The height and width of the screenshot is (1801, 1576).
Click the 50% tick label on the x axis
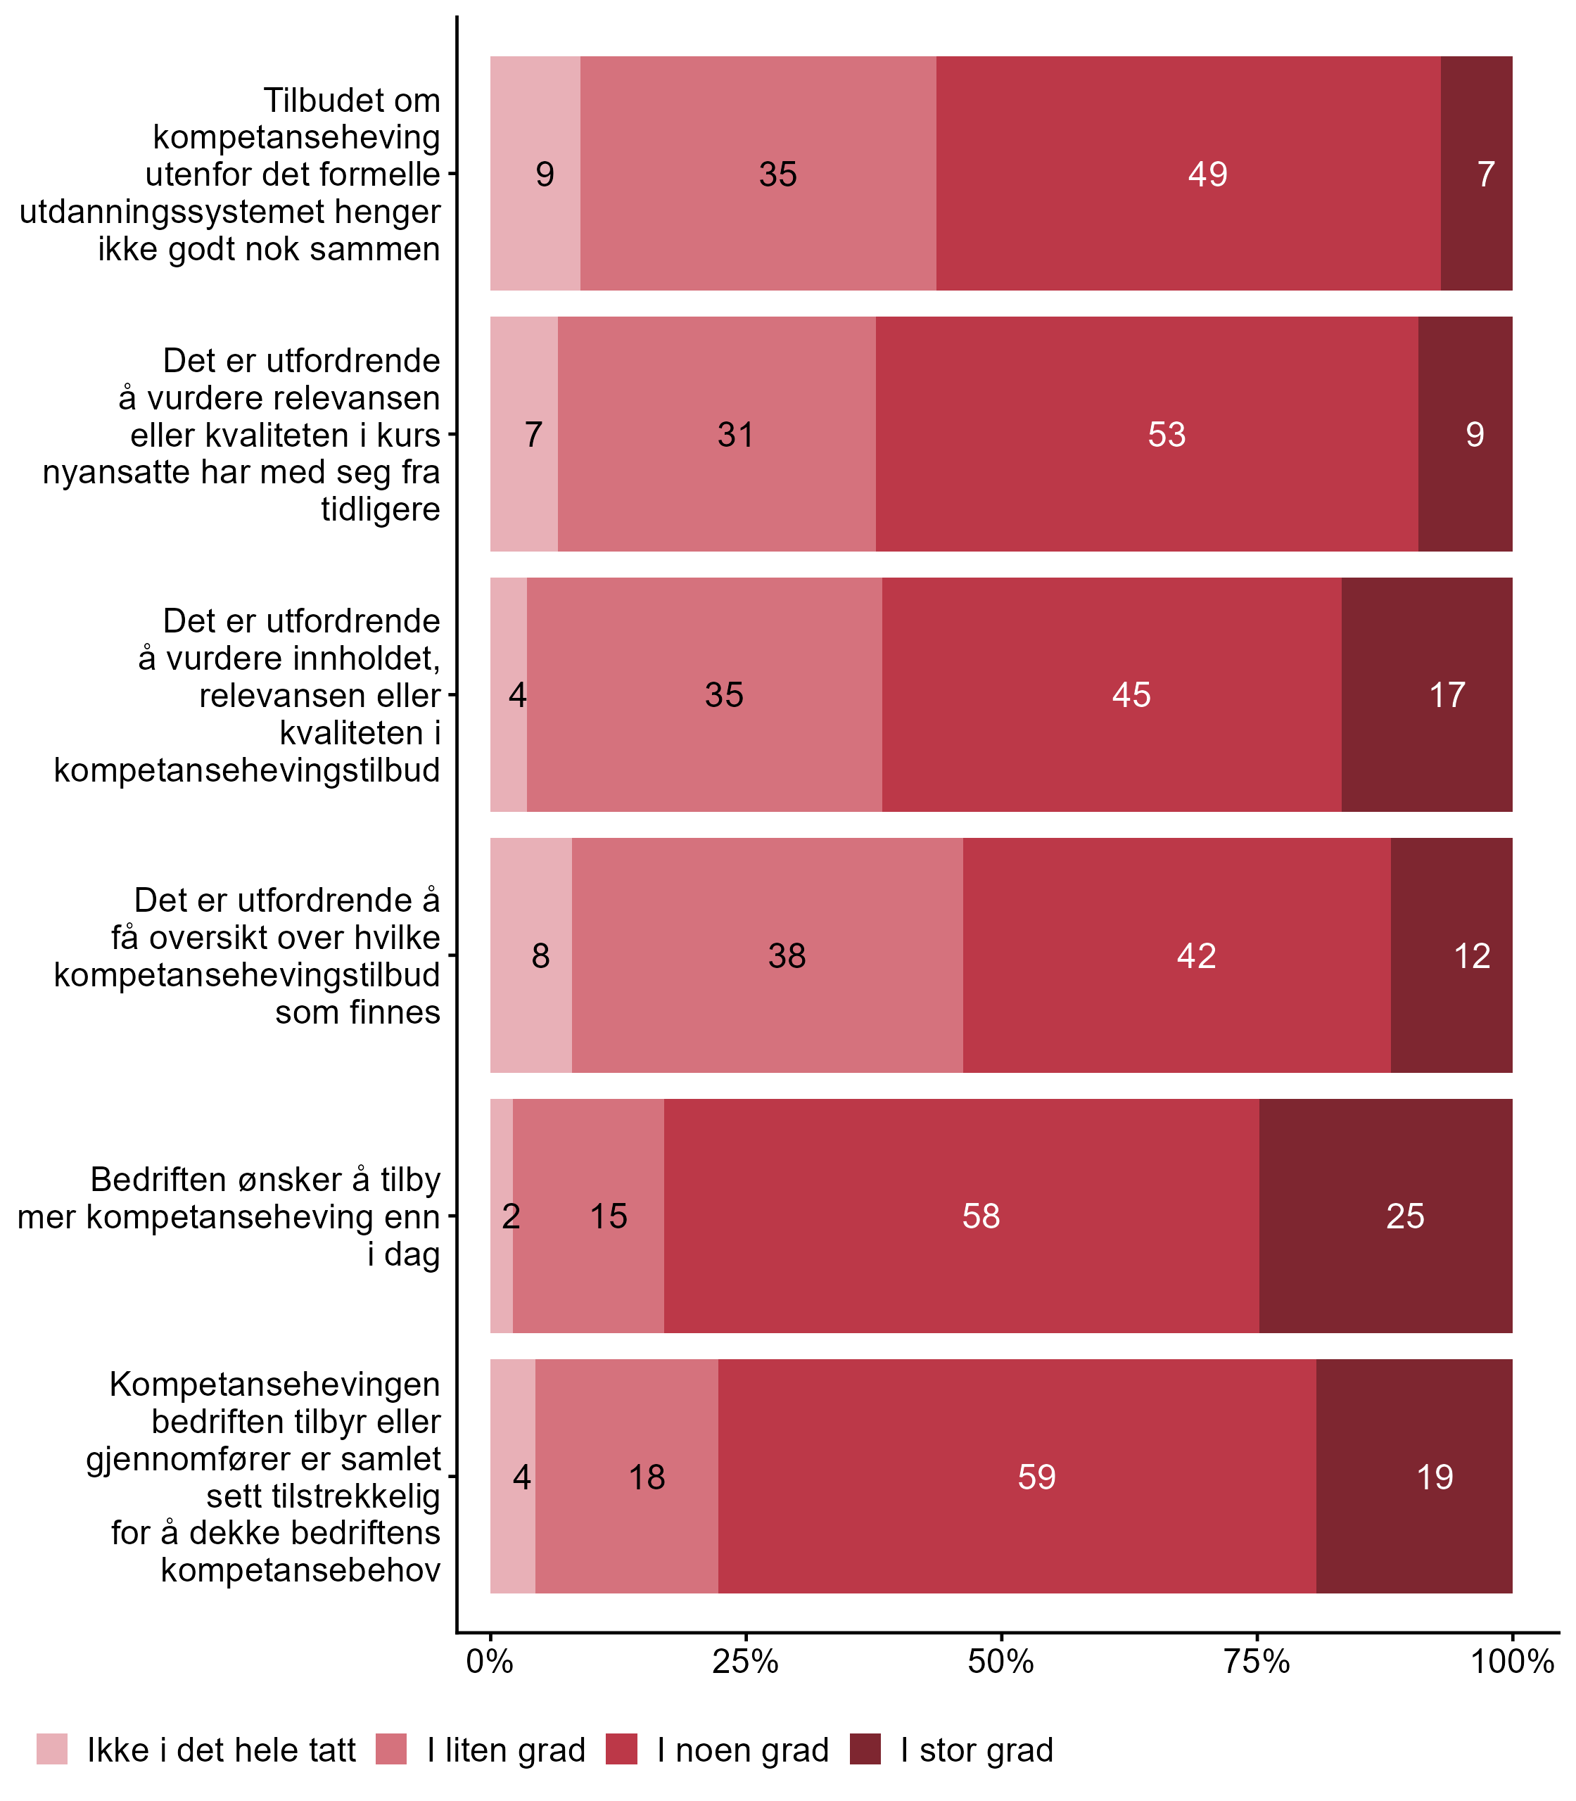tap(1000, 1662)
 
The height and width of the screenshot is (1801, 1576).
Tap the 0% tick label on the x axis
tap(490, 1662)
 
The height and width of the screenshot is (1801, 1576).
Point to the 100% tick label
tap(1512, 1662)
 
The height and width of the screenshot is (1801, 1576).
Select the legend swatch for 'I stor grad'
tap(865, 1750)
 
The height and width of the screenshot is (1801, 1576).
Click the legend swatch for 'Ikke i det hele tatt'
tap(52, 1750)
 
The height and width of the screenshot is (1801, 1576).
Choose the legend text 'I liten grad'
tap(506, 1751)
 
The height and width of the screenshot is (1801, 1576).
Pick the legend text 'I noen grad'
tap(743, 1751)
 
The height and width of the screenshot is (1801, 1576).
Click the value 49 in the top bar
tap(1207, 174)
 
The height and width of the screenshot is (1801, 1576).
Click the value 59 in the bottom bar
tap(1037, 1477)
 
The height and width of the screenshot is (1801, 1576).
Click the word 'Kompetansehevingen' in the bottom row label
tap(274, 1385)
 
